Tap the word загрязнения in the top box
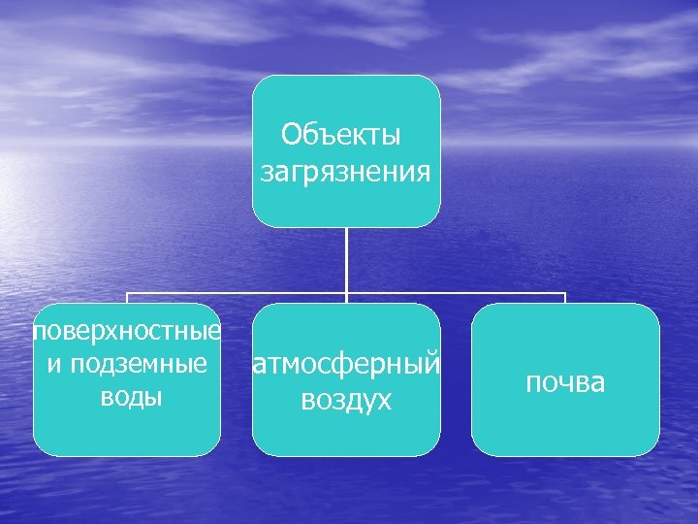coord(346,172)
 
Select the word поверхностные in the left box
coord(127,332)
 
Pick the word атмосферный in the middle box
coord(346,365)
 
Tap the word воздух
coord(346,400)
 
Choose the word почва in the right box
coord(565,382)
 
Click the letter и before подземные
coord(51,366)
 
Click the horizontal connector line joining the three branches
coord(238,292)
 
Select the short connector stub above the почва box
coord(565,297)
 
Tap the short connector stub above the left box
coord(127,297)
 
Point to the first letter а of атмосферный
coord(260,366)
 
